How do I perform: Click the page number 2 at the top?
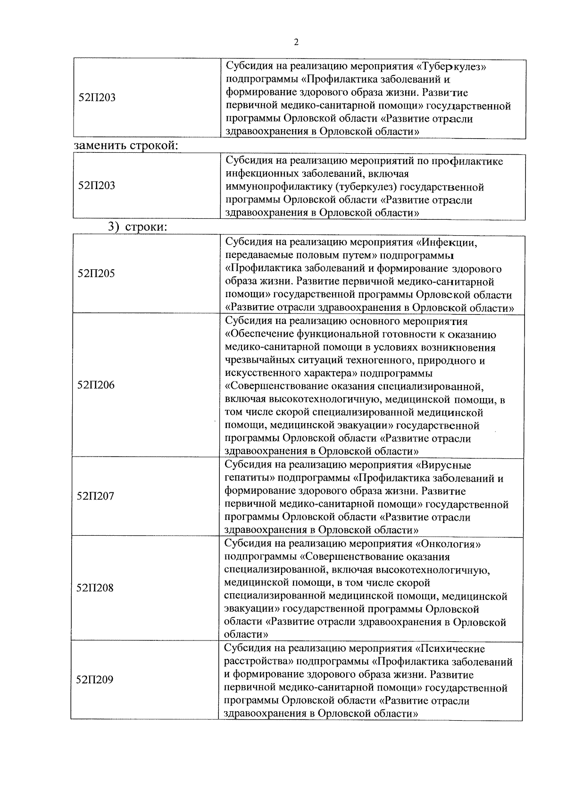pos(296,42)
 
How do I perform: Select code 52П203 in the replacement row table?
pos(97,185)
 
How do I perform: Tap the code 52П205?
pos(96,274)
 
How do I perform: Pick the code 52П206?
pos(96,385)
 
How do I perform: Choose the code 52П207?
pos(95,496)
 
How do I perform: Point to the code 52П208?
pos(95,588)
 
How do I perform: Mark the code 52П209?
pos(95,680)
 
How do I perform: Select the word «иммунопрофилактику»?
pos(280,187)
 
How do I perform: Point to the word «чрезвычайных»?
pos(261,361)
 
